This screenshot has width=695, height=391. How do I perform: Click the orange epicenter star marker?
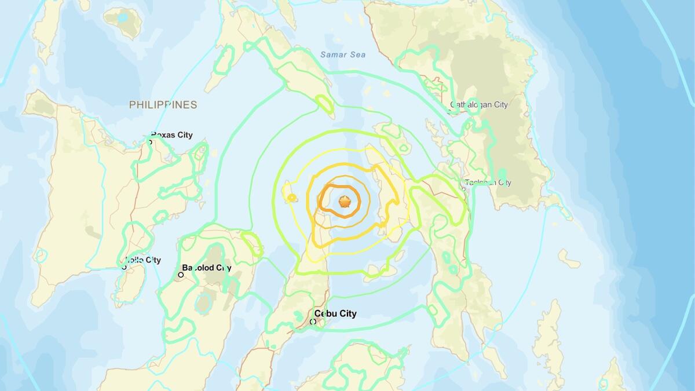tap(345, 201)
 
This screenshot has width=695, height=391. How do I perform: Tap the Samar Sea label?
tap(342, 54)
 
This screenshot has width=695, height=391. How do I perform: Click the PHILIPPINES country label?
tap(163, 105)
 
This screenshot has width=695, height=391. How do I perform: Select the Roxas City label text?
tap(171, 135)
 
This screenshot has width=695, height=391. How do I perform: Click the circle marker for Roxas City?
tap(150, 142)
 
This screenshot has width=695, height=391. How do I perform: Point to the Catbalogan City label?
tap(478, 105)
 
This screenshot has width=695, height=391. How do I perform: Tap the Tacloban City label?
tap(488, 182)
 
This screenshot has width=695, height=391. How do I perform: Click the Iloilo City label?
tap(142, 260)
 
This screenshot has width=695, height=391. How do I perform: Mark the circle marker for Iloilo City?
tap(124, 267)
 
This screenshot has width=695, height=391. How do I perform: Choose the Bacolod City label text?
tap(207, 268)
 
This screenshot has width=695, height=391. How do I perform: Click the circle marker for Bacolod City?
tap(181, 275)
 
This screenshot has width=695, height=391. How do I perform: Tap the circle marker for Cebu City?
tap(313, 321)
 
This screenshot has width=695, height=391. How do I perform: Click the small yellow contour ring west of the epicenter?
tap(291, 199)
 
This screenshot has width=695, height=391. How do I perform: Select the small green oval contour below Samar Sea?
tap(324, 105)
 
